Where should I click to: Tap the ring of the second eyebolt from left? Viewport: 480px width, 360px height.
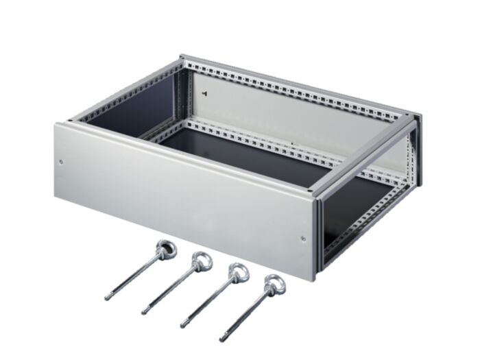pyautogui.click(x=203, y=260)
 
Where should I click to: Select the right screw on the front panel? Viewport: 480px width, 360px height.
pyautogui.click(x=303, y=239)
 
